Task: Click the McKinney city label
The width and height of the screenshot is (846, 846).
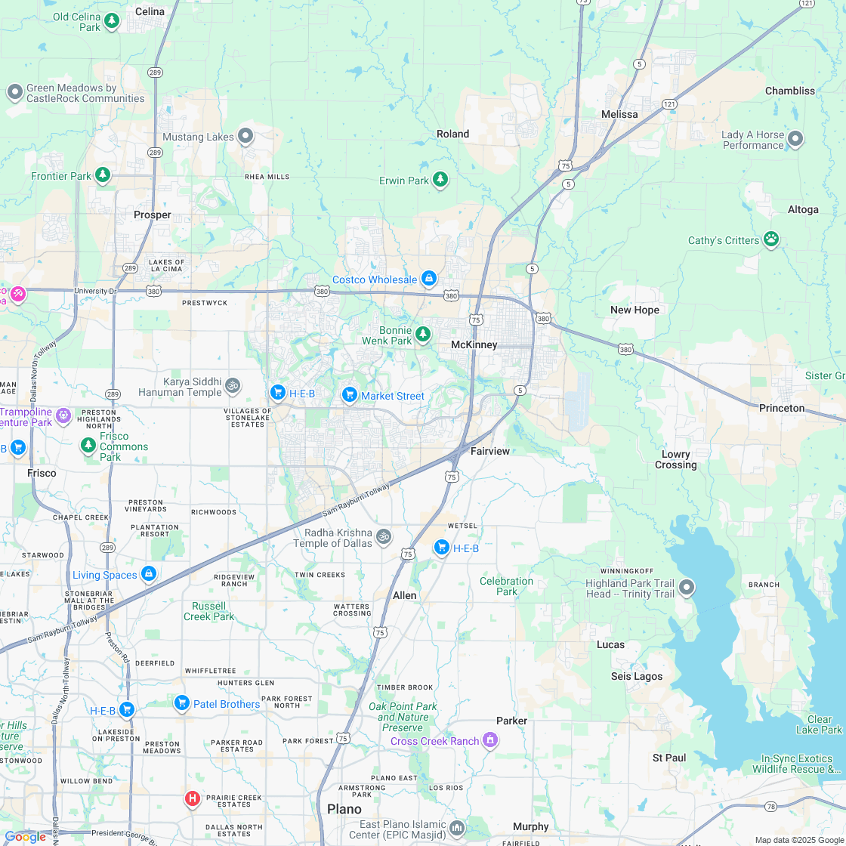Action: coord(474,344)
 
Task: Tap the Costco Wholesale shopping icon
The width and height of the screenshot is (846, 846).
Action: coord(429,279)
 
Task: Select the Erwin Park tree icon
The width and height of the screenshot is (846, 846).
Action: coord(440,180)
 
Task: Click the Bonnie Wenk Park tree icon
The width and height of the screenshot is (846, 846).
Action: coord(423,334)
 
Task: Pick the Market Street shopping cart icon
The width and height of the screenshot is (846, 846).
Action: coord(349,395)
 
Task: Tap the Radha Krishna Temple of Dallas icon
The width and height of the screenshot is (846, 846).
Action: coord(384,536)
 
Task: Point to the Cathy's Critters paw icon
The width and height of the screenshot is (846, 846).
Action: coord(770,239)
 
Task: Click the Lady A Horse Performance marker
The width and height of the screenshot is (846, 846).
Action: coord(795,139)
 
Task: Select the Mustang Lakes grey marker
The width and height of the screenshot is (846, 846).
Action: coord(245,136)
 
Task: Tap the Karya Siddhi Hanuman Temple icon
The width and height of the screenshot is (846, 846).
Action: coord(233,386)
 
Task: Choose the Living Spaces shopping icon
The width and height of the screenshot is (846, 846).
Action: coord(149,574)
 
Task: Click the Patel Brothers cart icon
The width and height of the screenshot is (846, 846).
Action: coord(181,703)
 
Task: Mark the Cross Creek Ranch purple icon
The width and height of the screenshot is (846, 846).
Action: coord(490,740)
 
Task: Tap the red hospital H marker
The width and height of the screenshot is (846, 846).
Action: coord(193,798)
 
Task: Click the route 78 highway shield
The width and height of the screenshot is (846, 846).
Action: coord(770,807)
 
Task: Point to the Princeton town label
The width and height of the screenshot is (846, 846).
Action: coord(781,408)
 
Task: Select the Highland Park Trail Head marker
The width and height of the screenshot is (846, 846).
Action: coord(686,587)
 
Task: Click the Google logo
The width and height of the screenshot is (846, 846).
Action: coord(25,836)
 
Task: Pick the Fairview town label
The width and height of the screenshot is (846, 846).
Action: coord(490,451)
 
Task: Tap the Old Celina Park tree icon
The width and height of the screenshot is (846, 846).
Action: coord(112,20)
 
